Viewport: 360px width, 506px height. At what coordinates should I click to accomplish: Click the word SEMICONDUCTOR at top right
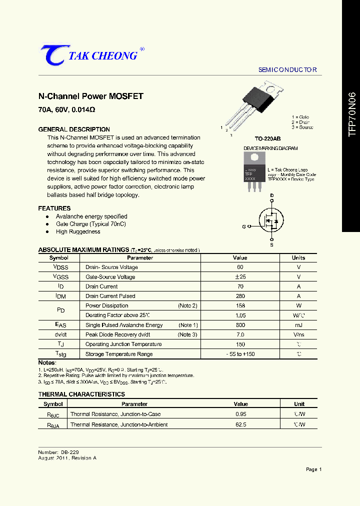tap(287, 70)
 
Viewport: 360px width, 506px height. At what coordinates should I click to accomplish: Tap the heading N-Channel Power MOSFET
tap(90, 96)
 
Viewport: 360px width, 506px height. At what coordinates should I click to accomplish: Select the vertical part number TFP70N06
tap(352, 114)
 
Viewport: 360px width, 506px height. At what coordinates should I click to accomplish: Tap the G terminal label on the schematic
tap(244, 226)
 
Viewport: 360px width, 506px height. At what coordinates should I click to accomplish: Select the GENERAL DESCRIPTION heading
tap(74, 129)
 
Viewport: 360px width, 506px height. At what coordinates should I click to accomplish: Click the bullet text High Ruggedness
tap(78, 231)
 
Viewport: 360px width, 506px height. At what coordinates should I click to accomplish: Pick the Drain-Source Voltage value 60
tap(240, 267)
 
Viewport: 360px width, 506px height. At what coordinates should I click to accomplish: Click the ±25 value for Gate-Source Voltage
tap(240, 277)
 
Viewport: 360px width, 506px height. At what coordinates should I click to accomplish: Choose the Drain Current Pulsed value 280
tap(240, 296)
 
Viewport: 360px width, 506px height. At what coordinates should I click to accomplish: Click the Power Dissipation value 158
tap(240, 305)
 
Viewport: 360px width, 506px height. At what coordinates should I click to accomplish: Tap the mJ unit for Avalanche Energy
tap(298, 325)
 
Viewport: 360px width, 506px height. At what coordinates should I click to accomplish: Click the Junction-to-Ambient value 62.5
tap(240, 424)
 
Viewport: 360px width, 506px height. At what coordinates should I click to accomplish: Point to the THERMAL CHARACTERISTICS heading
tap(81, 394)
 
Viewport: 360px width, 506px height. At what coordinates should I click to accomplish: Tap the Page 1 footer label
tap(313, 469)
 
